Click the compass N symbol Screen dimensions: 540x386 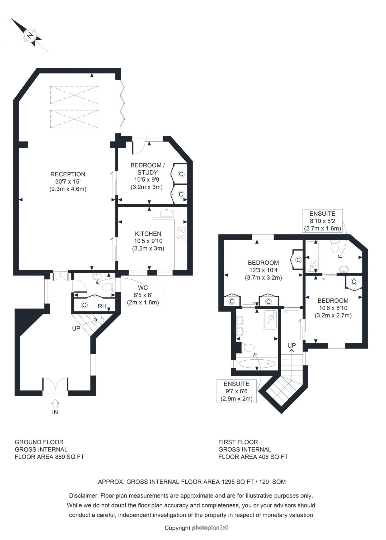(x=30, y=35)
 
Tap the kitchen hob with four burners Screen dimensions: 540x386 (x=181, y=234)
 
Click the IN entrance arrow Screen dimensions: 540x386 (x=55, y=403)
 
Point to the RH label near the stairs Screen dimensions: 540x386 (x=102, y=306)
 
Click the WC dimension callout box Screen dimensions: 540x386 (x=143, y=295)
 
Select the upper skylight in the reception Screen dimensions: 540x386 (x=74, y=95)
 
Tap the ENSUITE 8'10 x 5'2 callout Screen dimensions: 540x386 (x=322, y=221)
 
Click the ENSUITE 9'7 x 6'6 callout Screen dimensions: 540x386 (x=236, y=391)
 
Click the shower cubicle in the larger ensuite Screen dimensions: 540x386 (x=270, y=320)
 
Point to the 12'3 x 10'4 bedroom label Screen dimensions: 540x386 (x=263, y=270)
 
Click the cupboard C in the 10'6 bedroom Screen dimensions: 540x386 (x=354, y=282)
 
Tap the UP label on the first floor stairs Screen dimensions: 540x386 (x=291, y=345)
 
